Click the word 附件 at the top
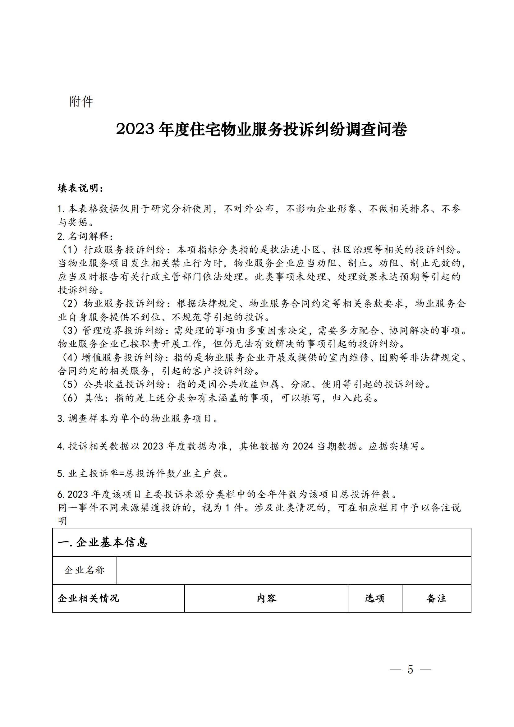pos(81,102)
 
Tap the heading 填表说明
pos(80,188)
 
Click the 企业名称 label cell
pos(85,570)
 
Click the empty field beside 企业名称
pos(294,570)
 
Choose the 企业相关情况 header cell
pos(89,598)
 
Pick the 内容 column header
pos(266,598)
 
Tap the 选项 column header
pos(375,598)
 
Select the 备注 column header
pos(436,598)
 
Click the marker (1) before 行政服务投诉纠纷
pos(69,250)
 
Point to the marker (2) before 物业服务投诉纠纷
pos(69,304)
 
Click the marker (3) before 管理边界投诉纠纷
pos(69,331)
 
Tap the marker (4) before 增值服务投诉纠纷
pos(69,357)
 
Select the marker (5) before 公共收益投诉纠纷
pos(69,384)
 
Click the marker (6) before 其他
pos(69,398)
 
